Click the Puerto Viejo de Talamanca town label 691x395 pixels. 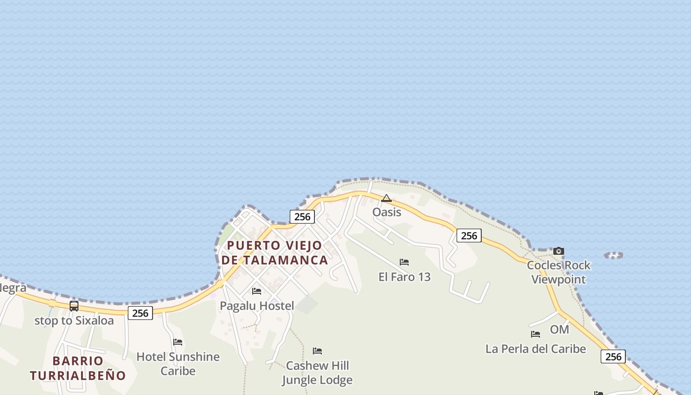point(274,253)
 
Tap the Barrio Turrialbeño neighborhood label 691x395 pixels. point(78,368)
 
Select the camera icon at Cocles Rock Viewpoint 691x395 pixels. point(559,251)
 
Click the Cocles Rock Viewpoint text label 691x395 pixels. point(558,272)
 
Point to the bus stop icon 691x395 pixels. point(74,306)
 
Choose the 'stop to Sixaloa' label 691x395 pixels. point(74,320)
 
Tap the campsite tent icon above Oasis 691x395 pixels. point(386,198)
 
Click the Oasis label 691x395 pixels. point(386,212)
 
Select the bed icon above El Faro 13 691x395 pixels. point(404,262)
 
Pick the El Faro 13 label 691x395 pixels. point(404,276)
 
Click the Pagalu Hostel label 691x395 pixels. point(257,306)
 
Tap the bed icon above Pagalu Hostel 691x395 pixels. point(257,291)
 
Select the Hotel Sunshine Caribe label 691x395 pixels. point(178,363)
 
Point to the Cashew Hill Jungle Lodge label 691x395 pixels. point(317,372)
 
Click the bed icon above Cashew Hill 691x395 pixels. point(317,351)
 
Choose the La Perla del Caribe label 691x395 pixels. point(536,349)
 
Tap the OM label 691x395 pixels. point(559,329)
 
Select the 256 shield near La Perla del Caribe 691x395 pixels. point(613,356)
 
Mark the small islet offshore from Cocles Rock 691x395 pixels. point(614,255)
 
